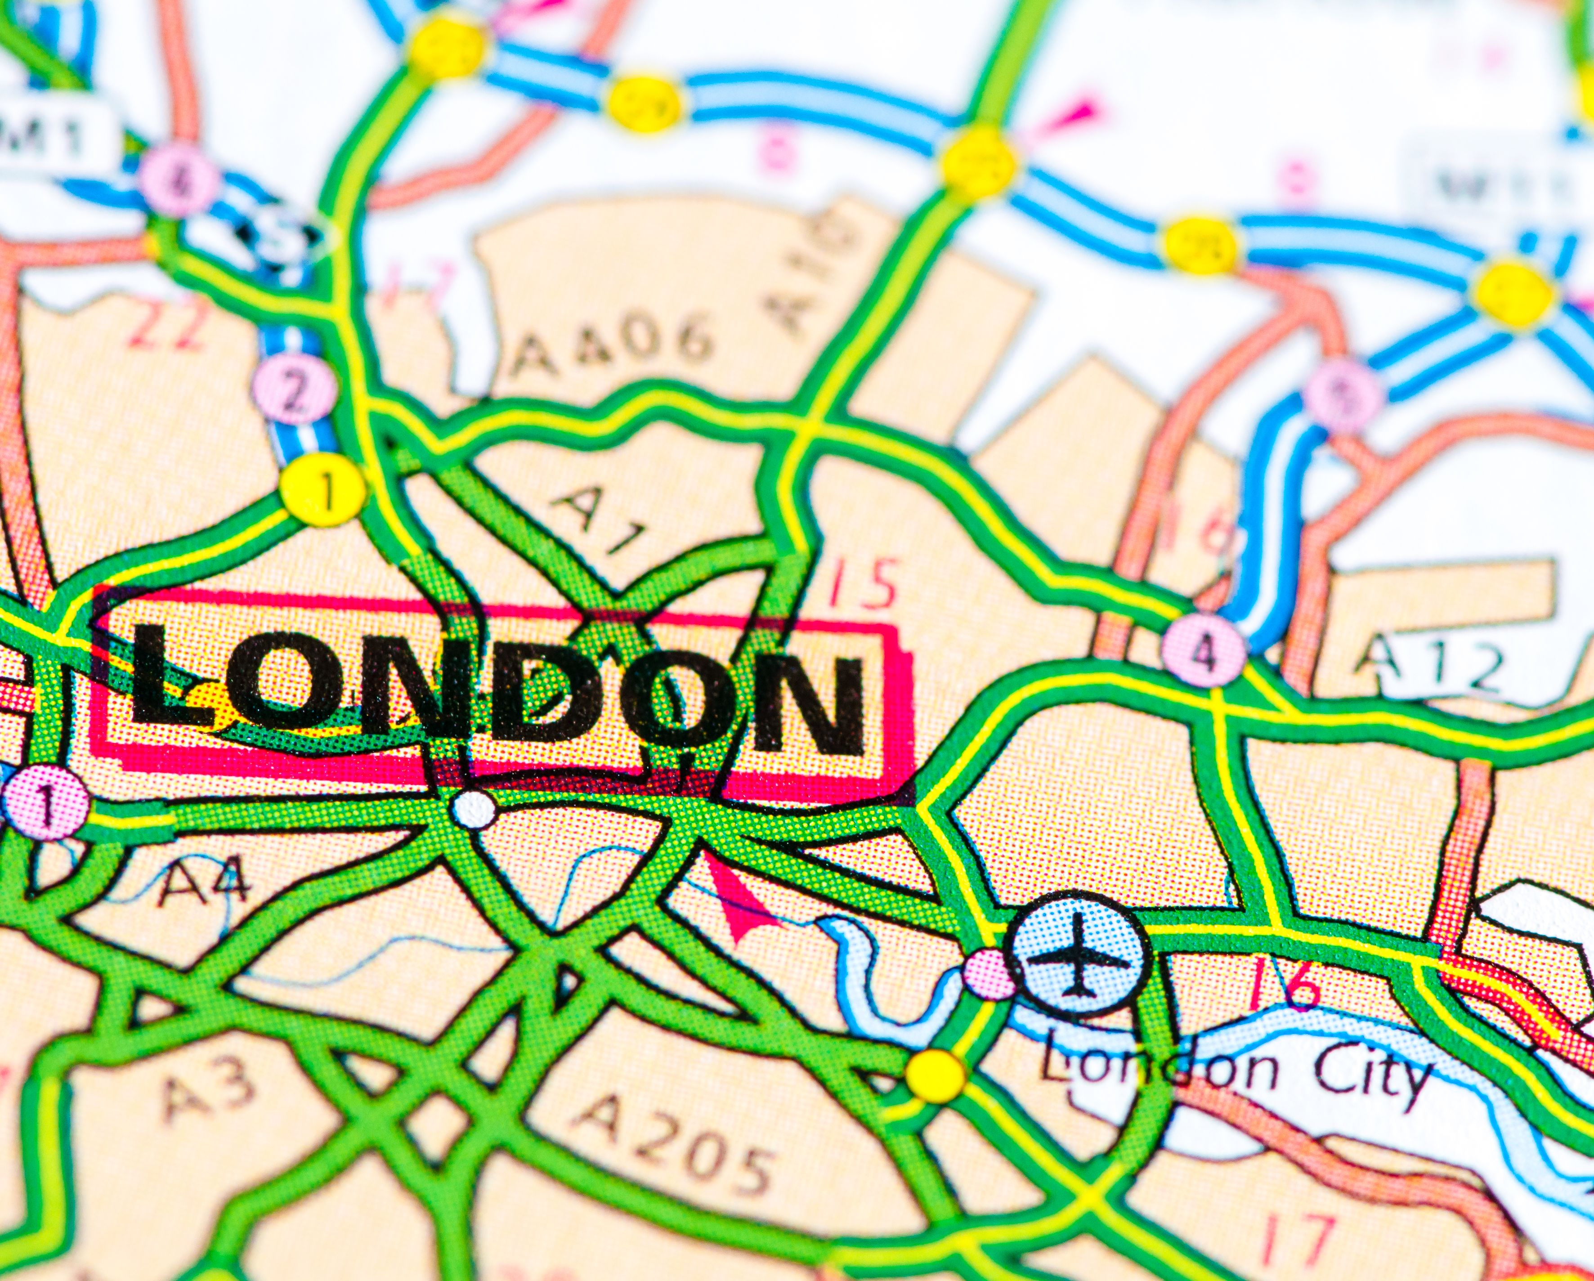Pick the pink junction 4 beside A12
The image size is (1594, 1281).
pyautogui.click(x=1204, y=650)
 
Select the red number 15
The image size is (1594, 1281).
pyautogui.click(x=861, y=584)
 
